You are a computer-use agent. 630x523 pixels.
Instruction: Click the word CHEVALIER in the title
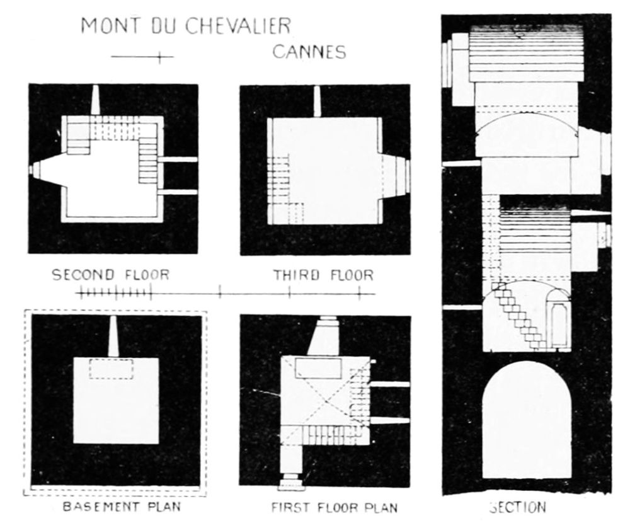click(238, 26)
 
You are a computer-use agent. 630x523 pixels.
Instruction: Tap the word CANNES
click(309, 52)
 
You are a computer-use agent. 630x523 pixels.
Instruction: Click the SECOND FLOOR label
click(110, 275)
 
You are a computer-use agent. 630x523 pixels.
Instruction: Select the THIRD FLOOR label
click(323, 275)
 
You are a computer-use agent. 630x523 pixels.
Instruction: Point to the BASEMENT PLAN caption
click(122, 507)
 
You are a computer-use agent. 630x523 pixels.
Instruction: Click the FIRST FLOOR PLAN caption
click(335, 507)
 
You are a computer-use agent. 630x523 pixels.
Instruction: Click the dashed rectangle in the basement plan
click(112, 369)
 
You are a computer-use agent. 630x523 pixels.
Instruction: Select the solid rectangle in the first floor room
click(318, 368)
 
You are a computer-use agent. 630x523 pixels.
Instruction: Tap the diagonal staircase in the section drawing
click(516, 315)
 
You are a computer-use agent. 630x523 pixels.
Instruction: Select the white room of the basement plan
click(116, 400)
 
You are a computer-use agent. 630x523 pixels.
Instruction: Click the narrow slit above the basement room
click(113, 336)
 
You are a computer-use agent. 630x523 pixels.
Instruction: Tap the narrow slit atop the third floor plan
click(317, 101)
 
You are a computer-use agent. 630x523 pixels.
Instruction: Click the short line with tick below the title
click(142, 57)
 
